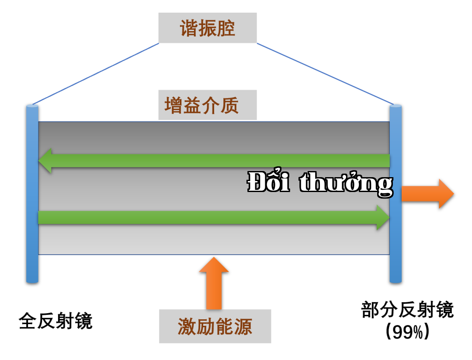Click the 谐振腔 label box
208,28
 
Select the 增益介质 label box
208,105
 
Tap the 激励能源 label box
215,326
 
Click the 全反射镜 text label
56,321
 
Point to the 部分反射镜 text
407,309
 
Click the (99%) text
407,332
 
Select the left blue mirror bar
32,194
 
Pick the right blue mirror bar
396,194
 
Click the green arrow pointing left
214,161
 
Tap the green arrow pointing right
214,217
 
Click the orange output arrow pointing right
428,194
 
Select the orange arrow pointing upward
214,283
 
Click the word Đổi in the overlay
268,181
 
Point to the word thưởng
346,183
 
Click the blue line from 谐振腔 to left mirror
96,74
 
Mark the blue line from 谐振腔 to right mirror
325,74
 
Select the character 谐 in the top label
189,28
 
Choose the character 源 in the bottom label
243,327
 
